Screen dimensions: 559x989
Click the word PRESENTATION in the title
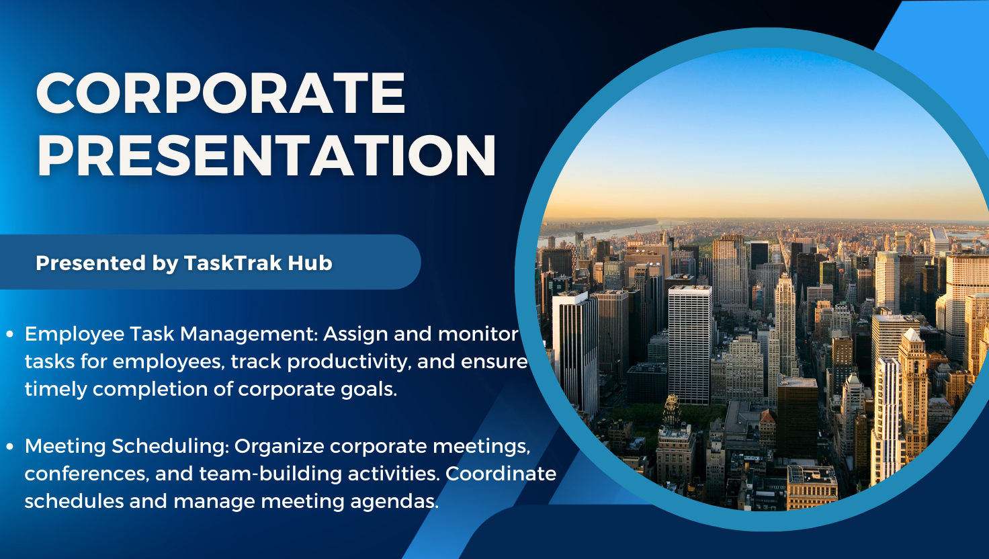pos(266,156)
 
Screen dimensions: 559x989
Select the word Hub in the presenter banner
pos(310,263)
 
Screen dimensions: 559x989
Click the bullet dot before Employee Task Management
pos(10,334)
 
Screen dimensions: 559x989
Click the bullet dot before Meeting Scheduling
pos(10,446)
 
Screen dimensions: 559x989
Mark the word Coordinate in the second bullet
pos(501,474)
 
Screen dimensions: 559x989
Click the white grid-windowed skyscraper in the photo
pos(690,343)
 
